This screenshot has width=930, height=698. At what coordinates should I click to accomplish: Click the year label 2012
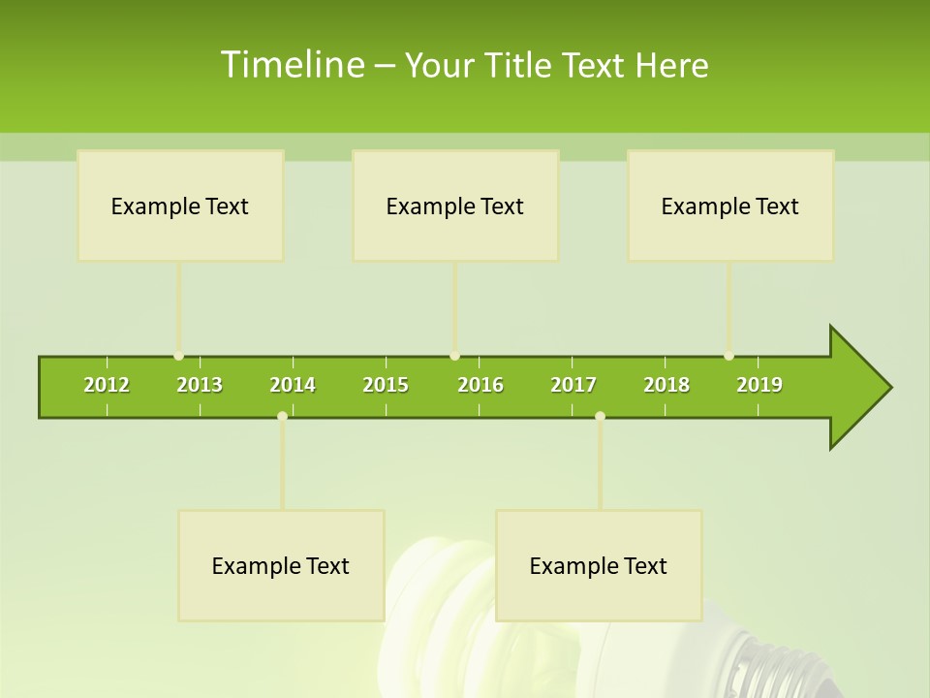[107, 385]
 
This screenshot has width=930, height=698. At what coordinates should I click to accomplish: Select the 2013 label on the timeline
[200, 385]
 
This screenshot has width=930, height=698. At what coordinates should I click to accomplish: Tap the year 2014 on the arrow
[293, 385]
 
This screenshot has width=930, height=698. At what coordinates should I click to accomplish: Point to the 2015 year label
[386, 385]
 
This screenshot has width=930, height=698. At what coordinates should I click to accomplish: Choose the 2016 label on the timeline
[480, 385]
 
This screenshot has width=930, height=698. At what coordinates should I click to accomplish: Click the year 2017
[573, 385]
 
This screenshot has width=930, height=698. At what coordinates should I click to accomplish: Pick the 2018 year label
[666, 385]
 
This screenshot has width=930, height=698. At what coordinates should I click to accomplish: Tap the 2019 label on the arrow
[759, 385]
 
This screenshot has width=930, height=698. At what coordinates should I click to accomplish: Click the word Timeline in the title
[291, 65]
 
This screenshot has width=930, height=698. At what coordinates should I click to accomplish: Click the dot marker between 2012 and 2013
[178, 356]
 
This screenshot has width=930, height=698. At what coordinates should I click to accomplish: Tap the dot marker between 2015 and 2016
[454, 356]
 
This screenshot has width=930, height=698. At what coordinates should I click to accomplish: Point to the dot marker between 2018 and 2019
[728, 356]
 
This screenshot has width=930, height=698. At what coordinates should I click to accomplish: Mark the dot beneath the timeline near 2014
[282, 416]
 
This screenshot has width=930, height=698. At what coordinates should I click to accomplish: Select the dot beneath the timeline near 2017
[600, 416]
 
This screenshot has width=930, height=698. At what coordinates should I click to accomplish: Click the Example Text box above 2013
[180, 206]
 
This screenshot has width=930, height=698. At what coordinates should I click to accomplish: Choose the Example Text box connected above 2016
[455, 206]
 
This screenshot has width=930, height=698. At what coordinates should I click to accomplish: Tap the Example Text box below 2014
[281, 565]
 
